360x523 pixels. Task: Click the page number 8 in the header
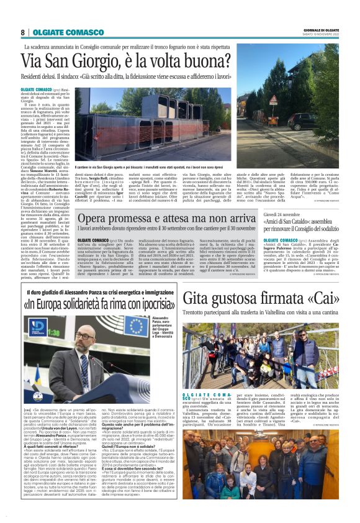pos(22,32)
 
